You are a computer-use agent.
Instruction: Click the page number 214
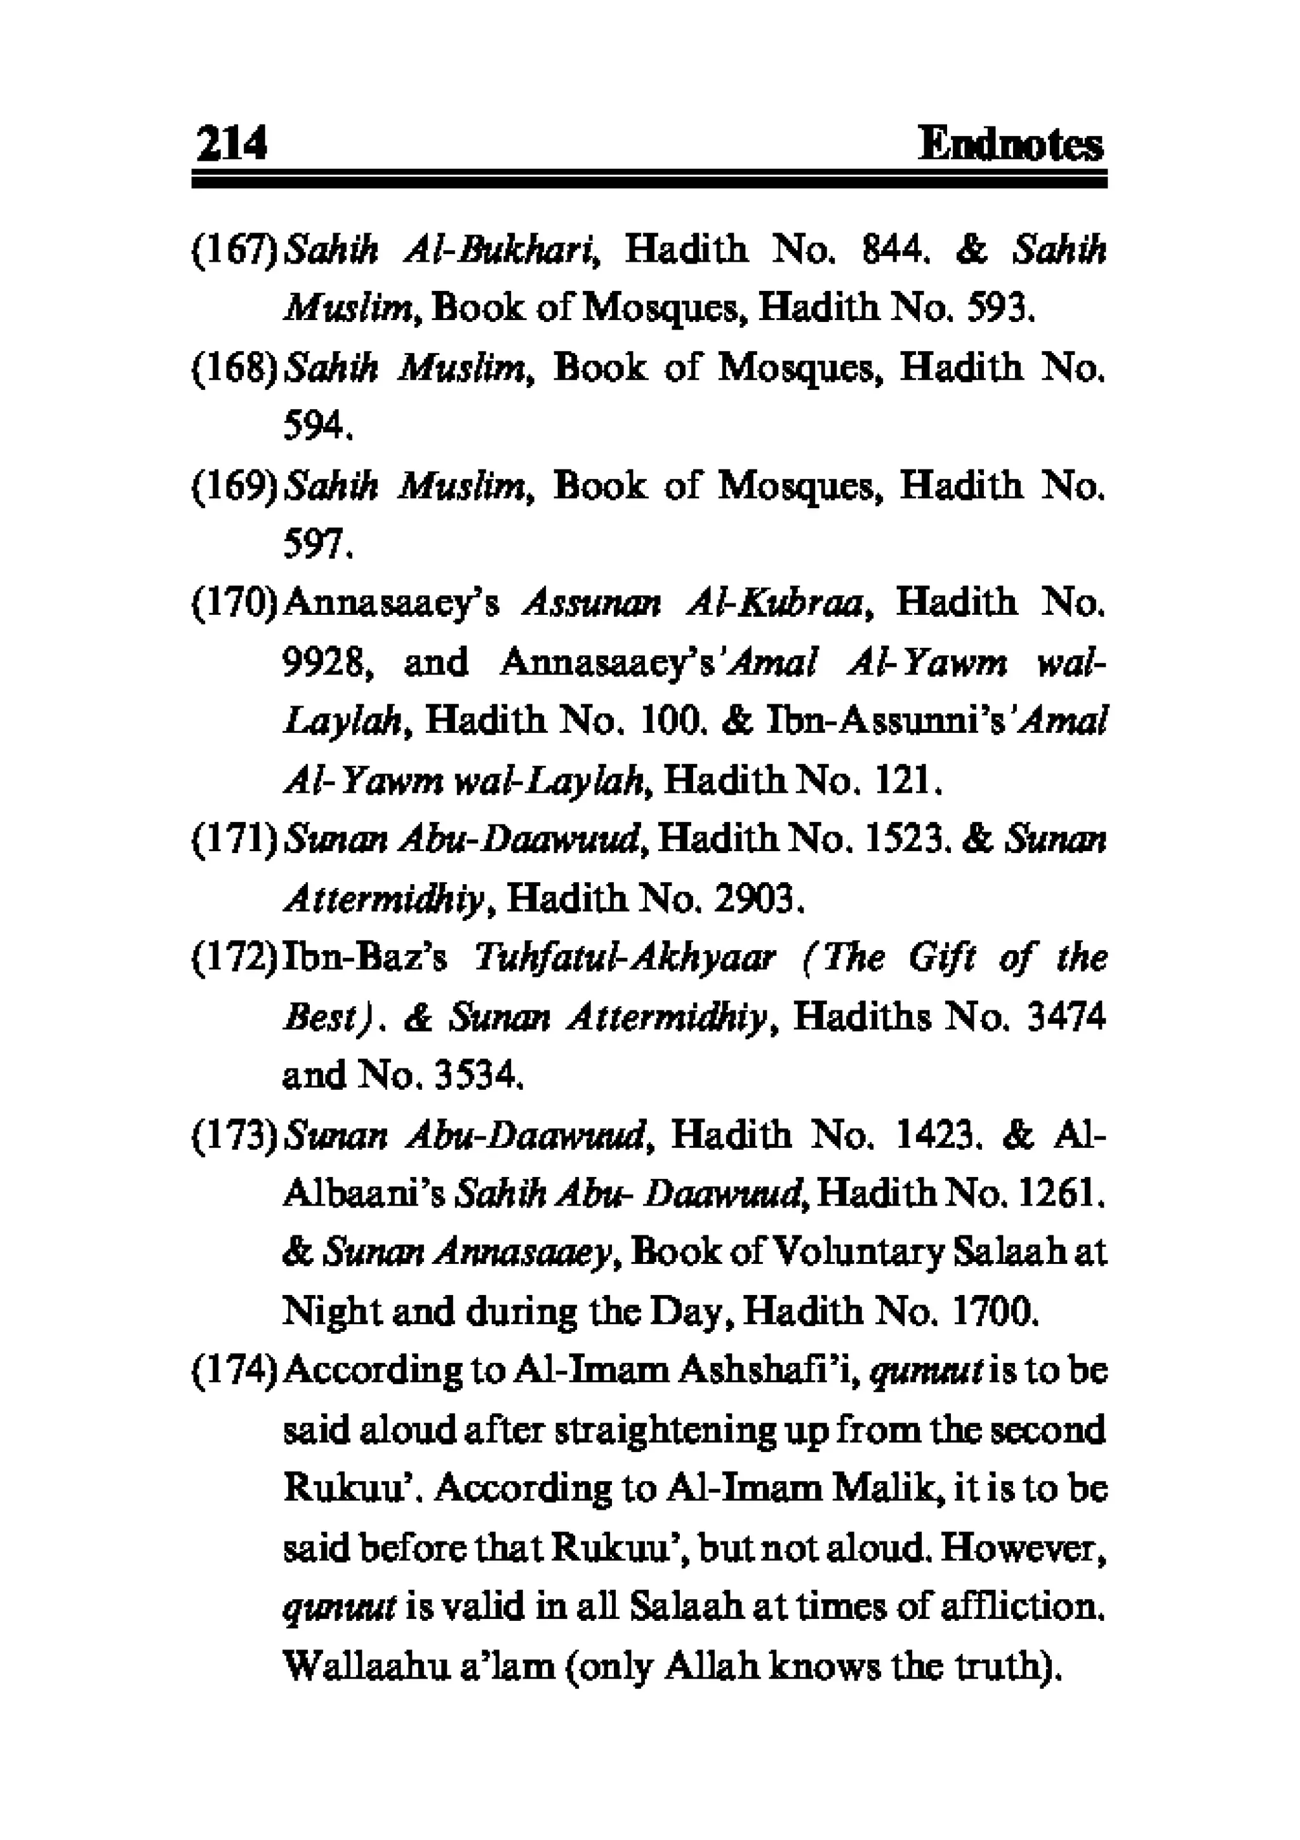[x=230, y=144]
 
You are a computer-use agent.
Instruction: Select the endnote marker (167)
[x=235, y=251]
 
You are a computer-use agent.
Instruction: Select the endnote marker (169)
[x=235, y=487]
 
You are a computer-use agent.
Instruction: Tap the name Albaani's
[x=364, y=1196]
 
